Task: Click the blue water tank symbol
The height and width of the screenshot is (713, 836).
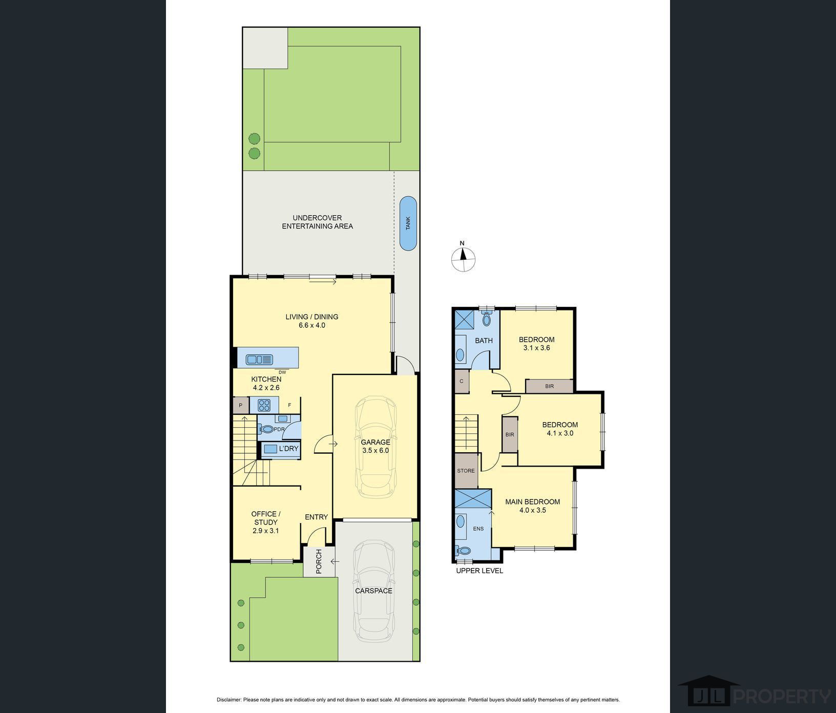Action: tap(408, 223)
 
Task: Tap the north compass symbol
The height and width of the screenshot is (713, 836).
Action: tap(463, 258)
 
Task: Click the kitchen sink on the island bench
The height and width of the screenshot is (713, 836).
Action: tap(259, 360)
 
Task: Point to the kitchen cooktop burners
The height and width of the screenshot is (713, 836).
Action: tap(264, 406)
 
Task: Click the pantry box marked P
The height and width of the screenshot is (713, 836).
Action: tap(240, 405)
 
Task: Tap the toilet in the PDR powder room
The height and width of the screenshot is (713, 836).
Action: tap(267, 429)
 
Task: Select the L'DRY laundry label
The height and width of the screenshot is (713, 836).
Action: tap(288, 449)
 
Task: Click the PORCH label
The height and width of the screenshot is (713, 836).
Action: tap(319, 561)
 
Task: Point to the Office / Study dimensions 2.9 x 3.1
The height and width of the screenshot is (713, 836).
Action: tap(265, 531)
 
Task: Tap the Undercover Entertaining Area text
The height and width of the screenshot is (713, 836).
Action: tap(318, 222)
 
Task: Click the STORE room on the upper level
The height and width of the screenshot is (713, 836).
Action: tap(466, 471)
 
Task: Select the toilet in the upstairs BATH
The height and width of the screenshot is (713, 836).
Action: tap(486, 319)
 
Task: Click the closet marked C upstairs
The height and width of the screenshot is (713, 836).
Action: tap(462, 381)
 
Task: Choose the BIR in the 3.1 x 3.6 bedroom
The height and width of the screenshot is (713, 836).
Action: tap(549, 386)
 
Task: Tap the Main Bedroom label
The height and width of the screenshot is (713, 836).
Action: tap(533, 502)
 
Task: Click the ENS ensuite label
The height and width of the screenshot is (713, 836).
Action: tap(478, 529)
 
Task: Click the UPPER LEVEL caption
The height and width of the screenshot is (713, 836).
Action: tap(479, 571)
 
